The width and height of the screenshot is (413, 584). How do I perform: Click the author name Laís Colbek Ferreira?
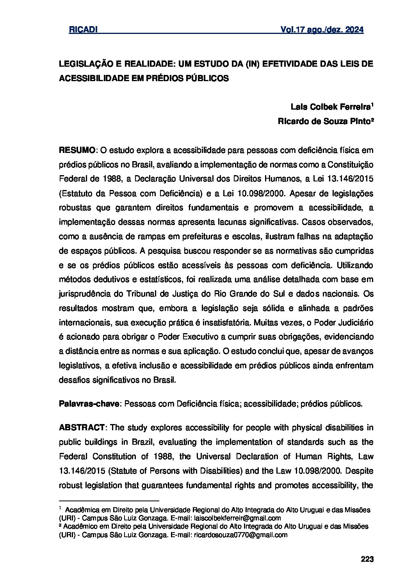coord(331,107)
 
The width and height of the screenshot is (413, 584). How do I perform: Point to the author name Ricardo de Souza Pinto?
coord(325,121)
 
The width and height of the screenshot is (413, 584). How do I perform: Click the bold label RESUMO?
coord(77,150)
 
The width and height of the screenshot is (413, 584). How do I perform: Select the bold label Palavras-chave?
coord(89,404)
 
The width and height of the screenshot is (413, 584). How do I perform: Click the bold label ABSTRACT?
coord(81,428)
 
